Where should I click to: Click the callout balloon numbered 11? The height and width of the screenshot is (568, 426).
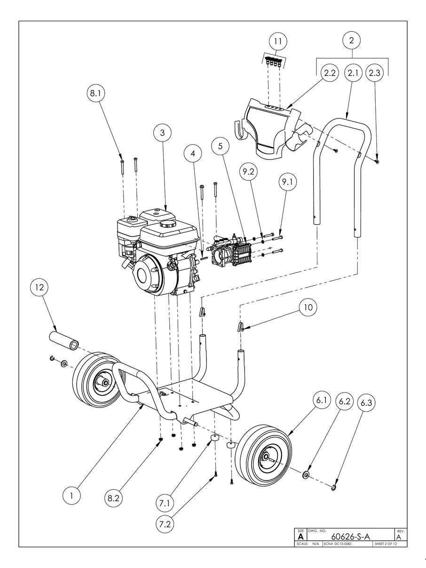(x=278, y=41)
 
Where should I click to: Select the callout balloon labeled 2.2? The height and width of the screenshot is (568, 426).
(x=330, y=73)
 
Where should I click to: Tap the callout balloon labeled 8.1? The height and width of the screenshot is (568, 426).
(x=96, y=93)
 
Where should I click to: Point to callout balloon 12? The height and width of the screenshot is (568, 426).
(x=39, y=287)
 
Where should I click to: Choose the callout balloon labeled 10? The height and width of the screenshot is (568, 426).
(x=308, y=308)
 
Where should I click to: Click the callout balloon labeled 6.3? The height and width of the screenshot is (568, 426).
(x=366, y=403)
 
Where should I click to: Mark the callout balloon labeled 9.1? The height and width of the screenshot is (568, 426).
(x=287, y=182)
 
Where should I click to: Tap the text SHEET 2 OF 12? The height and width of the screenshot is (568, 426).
(x=386, y=544)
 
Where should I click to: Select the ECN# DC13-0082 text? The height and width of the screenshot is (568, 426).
(x=338, y=544)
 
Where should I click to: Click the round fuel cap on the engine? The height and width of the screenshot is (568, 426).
(x=167, y=223)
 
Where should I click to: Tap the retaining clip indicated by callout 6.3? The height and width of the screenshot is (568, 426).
(x=334, y=488)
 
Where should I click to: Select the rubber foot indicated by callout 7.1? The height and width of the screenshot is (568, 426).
(x=214, y=439)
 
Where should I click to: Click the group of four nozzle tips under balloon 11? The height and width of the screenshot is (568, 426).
(x=273, y=62)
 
